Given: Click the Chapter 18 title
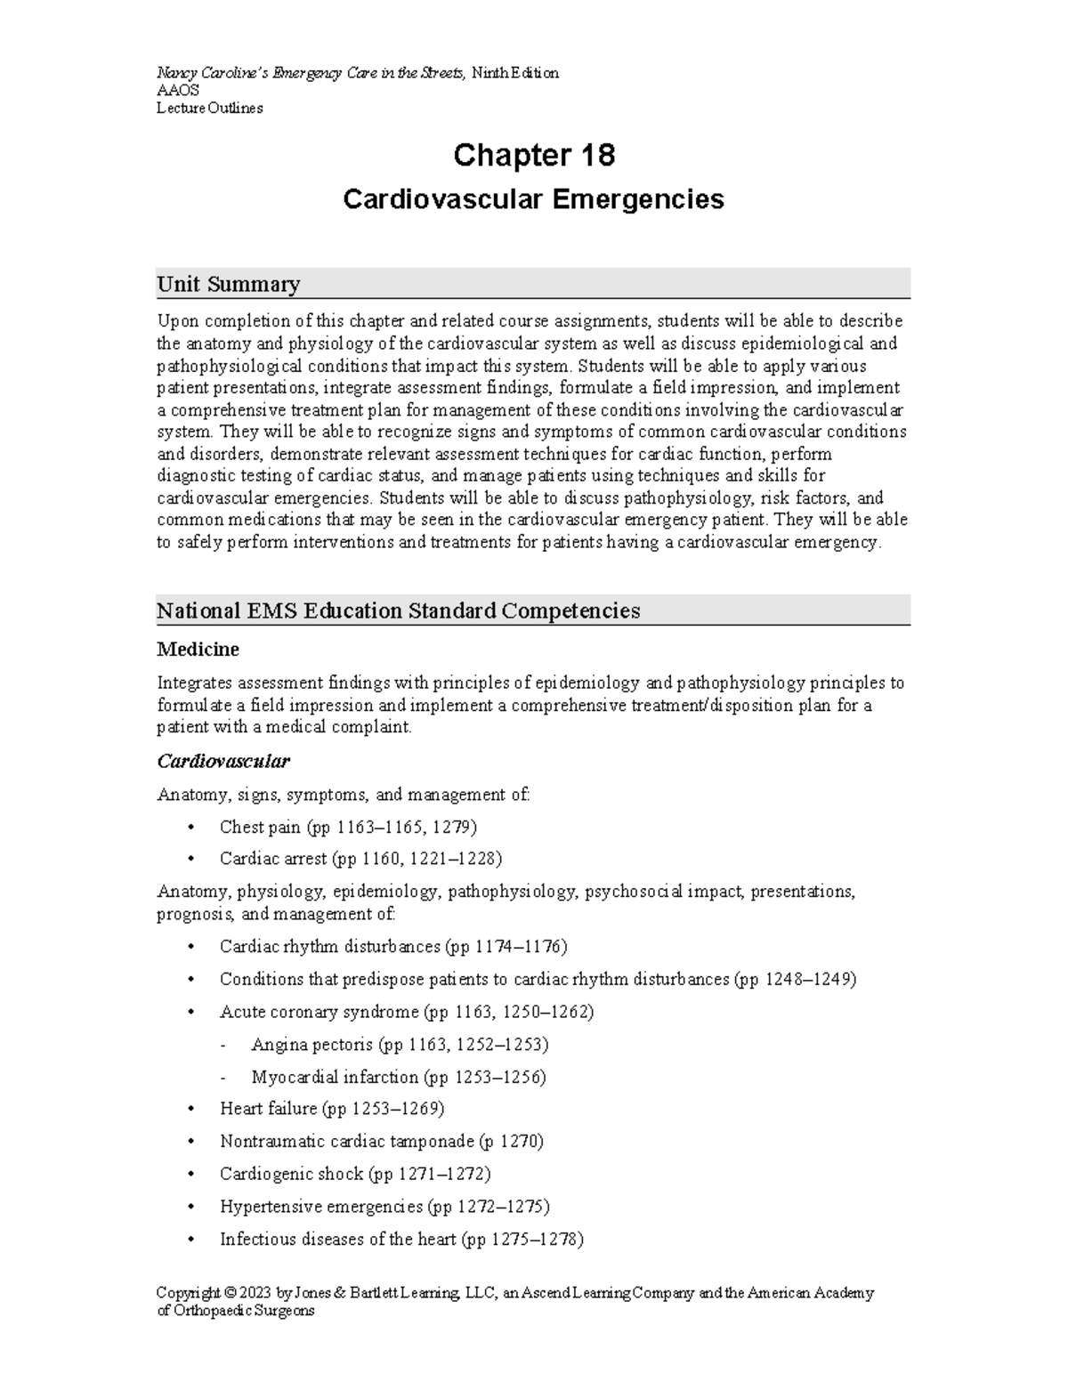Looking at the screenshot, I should [533, 156].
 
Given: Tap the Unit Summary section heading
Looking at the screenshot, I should [228, 284].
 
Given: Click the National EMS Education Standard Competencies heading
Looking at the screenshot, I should [398, 610].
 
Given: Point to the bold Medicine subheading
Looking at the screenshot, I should [198, 650].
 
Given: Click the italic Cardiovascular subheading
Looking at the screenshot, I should [222, 762].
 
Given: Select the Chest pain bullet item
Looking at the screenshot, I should [348, 827].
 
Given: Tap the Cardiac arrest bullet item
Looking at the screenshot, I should [360, 859].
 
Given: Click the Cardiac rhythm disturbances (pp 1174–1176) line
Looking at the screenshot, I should [392, 946].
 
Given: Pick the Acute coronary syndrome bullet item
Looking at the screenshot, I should [406, 1012].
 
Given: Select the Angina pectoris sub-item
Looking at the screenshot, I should [400, 1044].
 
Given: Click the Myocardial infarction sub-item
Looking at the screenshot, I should [399, 1077].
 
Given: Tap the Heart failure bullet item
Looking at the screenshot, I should [331, 1108].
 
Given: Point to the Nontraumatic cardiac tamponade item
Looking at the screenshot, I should [381, 1141].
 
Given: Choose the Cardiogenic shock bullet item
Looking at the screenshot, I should [355, 1174].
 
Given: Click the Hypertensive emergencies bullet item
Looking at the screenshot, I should [384, 1207].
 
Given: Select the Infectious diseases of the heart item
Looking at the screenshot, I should [401, 1239].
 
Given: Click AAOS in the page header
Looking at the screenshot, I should [178, 91].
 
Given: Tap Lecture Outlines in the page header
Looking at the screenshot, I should [209, 109].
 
